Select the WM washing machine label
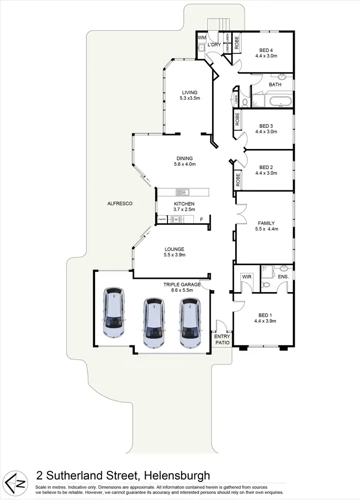(201, 37)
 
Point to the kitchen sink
(182, 193)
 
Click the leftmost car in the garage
(115, 312)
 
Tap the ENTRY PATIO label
(223, 340)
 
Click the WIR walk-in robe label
(247, 277)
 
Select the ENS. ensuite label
(283, 277)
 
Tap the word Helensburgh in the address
(178, 476)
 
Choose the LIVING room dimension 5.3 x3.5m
(190, 98)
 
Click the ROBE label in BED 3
(238, 119)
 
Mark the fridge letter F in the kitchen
(202, 220)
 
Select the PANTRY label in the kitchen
(162, 220)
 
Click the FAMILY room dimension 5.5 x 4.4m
(266, 229)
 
